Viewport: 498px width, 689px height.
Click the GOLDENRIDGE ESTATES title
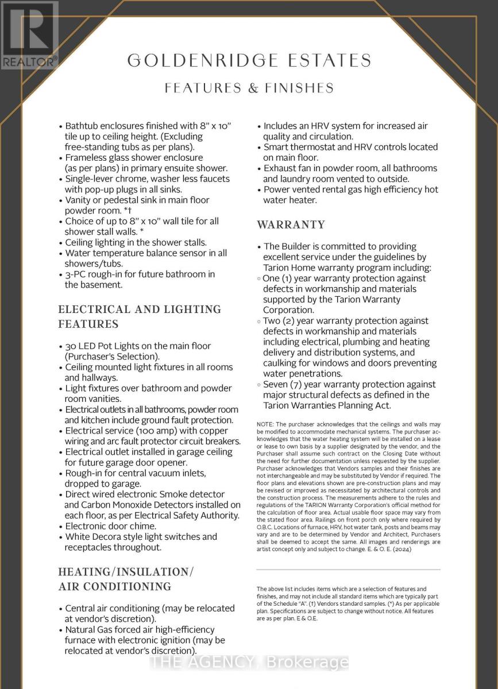249,60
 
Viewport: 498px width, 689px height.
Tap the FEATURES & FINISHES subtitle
249,88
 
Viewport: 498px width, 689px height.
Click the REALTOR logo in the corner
29,34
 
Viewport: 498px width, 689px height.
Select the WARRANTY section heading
291,224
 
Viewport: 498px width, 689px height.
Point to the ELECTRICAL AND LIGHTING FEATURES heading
140,316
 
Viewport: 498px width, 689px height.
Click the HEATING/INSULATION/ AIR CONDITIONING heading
126,579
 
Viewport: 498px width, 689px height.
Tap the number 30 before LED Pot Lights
71,346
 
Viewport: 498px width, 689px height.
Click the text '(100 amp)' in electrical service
149,431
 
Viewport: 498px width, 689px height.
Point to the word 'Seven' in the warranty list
276,384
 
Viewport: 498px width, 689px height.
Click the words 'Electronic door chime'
110,526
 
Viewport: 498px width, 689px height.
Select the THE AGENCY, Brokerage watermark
249,663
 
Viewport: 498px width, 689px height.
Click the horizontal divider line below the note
348,570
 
